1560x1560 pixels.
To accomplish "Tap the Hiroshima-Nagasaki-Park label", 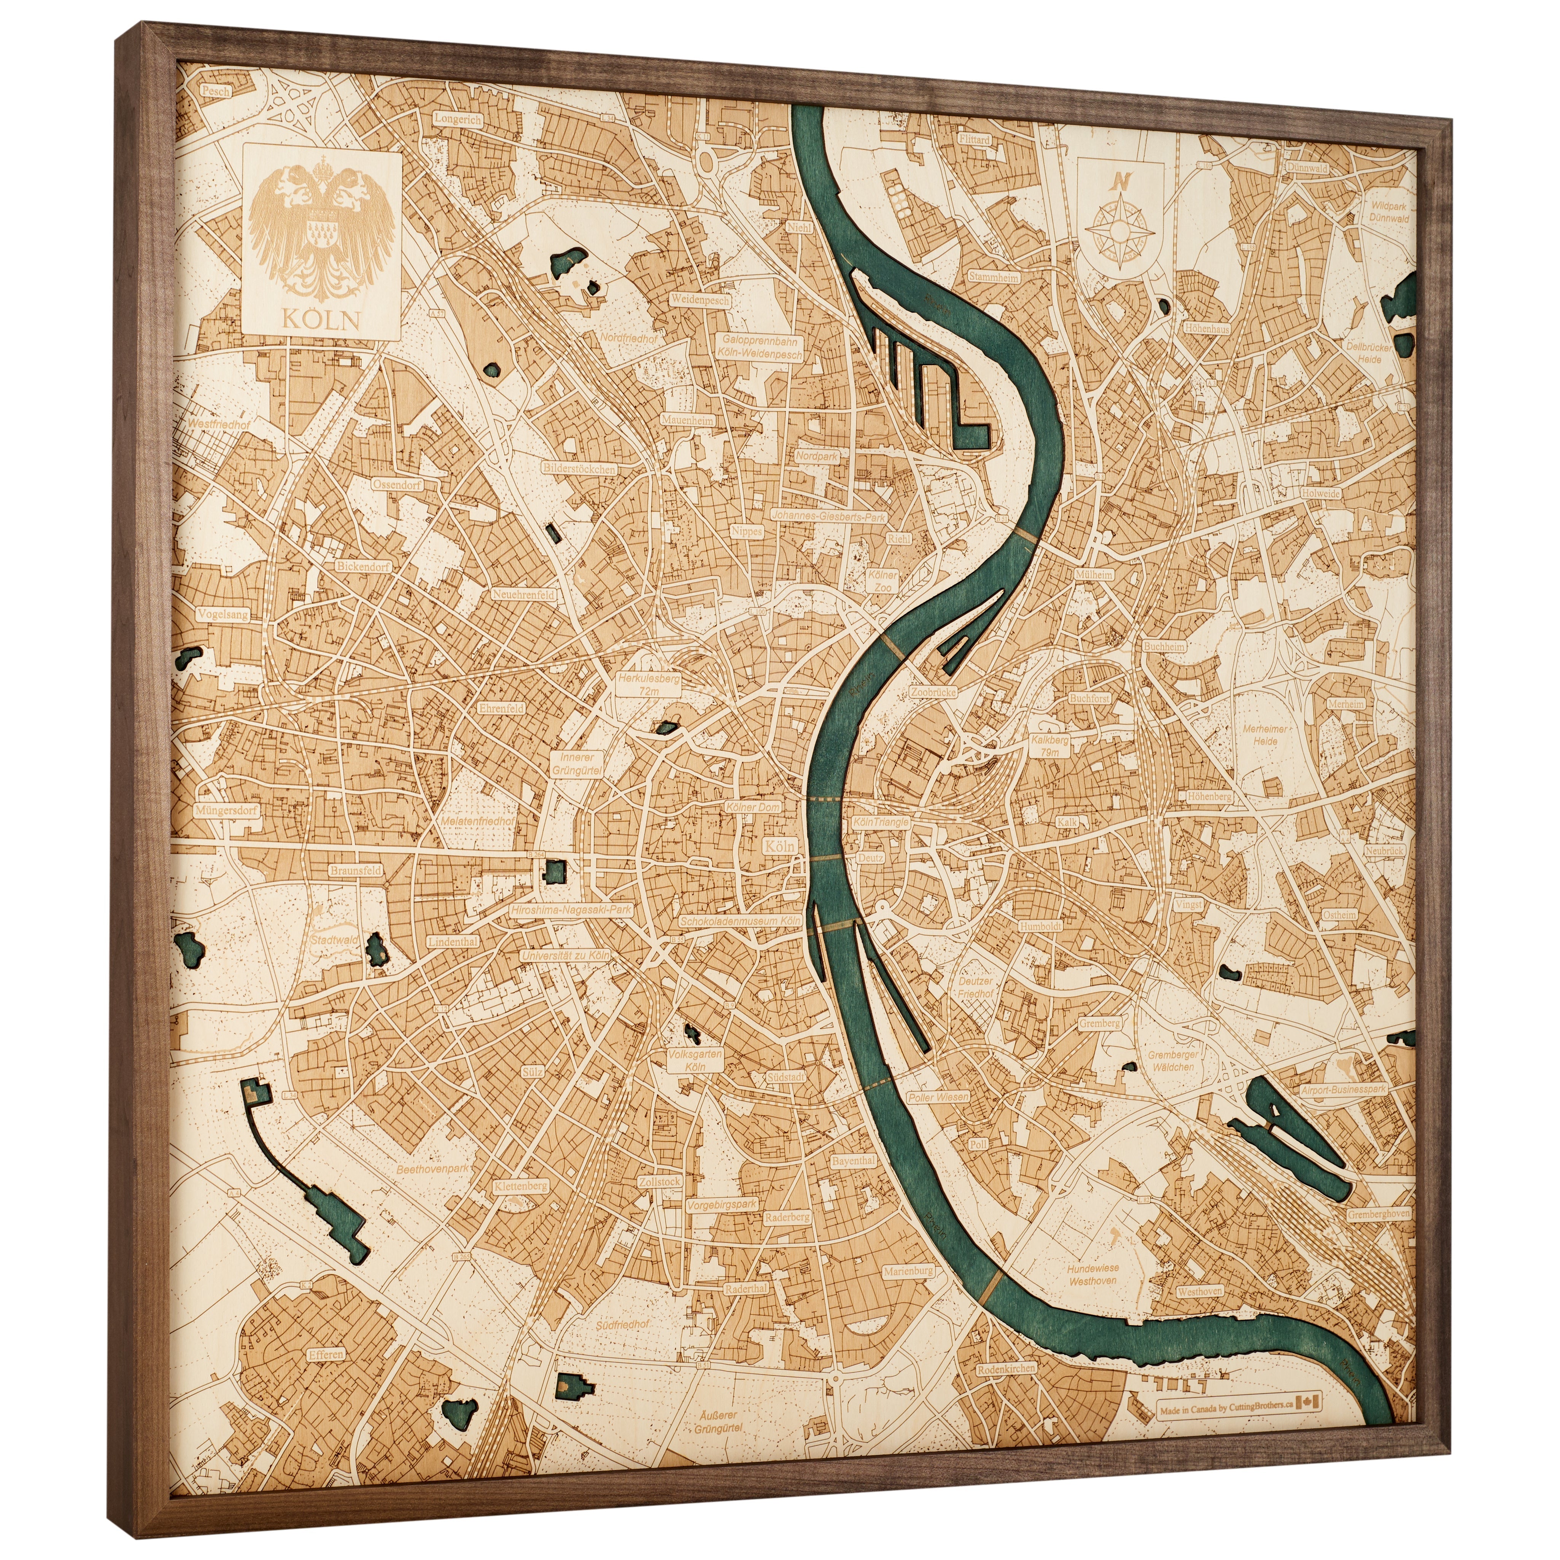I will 571,909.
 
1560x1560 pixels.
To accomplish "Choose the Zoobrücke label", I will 933,692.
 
